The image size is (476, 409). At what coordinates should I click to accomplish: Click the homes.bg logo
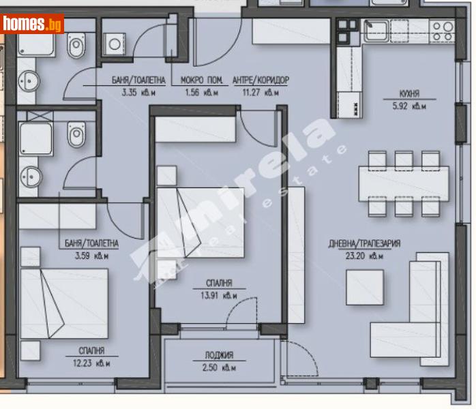(x=32, y=25)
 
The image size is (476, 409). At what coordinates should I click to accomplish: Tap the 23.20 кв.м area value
(x=367, y=257)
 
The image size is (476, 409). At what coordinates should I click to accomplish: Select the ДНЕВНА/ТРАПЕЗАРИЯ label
(x=367, y=243)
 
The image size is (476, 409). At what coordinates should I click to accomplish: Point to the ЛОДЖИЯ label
(x=218, y=355)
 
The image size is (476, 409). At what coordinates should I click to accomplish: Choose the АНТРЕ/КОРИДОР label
(x=260, y=80)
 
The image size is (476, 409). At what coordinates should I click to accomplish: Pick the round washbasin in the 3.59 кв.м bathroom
(x=29, y=177)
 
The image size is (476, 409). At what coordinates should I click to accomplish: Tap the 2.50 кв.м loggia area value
(x=218, y=368)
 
